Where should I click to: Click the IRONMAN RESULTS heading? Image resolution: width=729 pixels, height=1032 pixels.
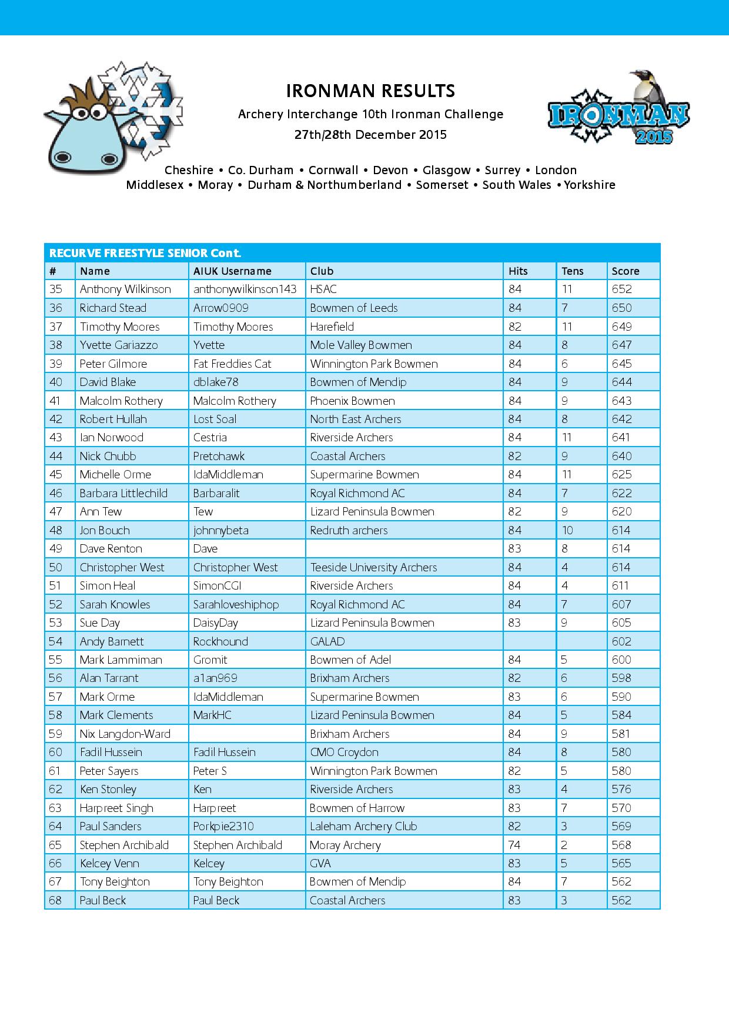coord(370,91)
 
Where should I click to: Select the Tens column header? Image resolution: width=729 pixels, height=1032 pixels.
coord(572,271)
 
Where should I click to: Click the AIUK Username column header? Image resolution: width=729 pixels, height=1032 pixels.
coord(232,271)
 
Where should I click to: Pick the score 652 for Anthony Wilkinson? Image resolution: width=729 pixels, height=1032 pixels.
coord(621,289)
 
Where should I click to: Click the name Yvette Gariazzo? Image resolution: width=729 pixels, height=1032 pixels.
coord(119,345)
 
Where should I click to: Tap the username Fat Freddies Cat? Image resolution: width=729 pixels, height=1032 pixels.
coord(232,364)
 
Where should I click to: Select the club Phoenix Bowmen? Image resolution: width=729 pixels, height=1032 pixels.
coord(352,401)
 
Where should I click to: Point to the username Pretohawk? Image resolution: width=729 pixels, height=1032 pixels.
coord(219,456)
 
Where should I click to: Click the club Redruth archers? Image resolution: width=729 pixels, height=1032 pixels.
coord(349,530)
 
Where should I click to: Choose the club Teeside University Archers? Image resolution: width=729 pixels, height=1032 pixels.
coord(373,567)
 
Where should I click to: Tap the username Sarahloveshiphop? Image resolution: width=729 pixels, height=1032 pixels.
coord(236,604)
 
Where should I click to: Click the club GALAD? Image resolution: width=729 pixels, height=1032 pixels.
coord(327,641)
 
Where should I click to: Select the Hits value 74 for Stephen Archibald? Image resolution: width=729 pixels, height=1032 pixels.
coord(514,845)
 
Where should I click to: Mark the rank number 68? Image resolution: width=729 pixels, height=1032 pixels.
coord(55,900)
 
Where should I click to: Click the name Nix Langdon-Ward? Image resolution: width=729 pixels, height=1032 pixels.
coord(125,734)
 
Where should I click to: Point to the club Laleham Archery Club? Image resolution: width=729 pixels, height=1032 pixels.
coord(363,826)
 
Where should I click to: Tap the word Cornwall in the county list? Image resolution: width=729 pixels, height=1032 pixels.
coord(333,170)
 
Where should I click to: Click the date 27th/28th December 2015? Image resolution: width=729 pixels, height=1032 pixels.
coord(370,135)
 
